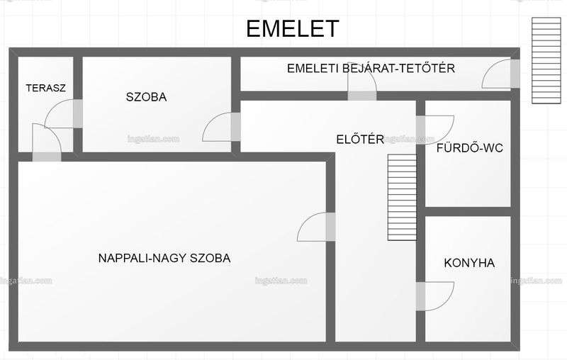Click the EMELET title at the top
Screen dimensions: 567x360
(293, 28)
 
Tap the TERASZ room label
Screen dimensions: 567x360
(45, 88)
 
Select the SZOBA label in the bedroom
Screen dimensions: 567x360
(147, 97)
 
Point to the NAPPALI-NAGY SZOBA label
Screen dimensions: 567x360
(164, 258)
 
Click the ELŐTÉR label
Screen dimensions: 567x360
(360, 139)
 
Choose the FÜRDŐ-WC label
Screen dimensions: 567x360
(470, 148)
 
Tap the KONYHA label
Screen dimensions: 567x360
(469, 263)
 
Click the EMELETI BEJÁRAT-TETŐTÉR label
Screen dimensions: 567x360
(371, 68)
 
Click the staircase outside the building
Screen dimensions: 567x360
(546, 60)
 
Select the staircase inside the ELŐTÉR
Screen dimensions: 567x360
(402, 197)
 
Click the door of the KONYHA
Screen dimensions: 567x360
(434, 296)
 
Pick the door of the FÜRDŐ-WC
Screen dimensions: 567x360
(434, 130)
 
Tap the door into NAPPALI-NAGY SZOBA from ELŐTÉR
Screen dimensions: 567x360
(316, 227)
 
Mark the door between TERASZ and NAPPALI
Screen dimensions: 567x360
(47, 142)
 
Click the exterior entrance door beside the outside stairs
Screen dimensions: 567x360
(501, 74)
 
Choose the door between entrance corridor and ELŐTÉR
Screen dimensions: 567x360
(362, 81)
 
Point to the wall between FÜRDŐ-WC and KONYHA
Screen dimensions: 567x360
(468, 212)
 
